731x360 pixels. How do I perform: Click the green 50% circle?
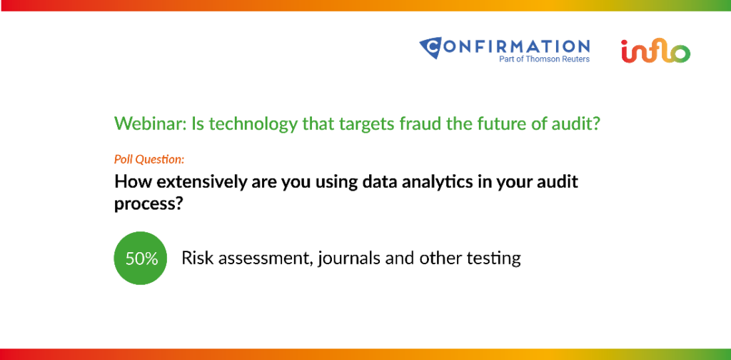[141, 258]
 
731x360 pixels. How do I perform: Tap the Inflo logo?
[655, 51]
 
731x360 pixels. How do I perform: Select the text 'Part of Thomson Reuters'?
[544, 59]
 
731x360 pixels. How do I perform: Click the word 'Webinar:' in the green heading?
[151, 123]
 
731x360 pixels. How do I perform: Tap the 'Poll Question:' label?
[149, 159]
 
